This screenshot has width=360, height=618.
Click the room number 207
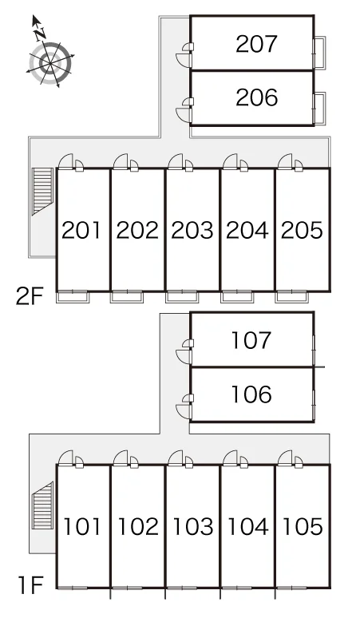coord(256,44)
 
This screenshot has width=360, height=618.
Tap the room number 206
coord(256,97)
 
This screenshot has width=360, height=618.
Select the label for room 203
coord(192,230)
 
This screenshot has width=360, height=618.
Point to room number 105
coord(303,526)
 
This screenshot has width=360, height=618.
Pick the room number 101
coord(82,526)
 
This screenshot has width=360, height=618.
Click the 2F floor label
coord(29,297)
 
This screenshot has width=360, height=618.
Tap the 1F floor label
coord(30,586)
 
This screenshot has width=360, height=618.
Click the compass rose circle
coord(51,62)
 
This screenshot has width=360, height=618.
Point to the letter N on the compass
coord(40,35)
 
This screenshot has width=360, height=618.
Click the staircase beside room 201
coord(42,191)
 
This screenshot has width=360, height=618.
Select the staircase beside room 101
coord(42,505)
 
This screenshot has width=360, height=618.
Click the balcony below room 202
coord(126,297)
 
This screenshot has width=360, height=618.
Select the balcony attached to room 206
coord(320,109)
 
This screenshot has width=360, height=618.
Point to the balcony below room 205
coord(291,297)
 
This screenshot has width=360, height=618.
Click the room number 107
coord(251,340)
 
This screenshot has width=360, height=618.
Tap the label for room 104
coord(247,526)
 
